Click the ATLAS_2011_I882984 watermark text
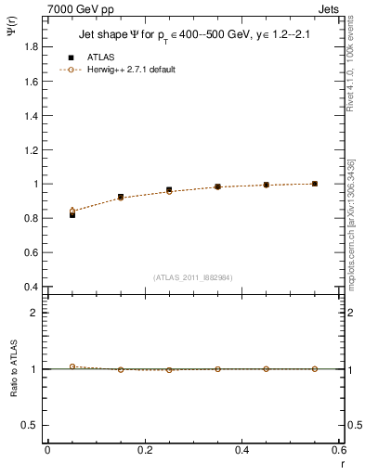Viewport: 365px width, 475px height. point(193,276)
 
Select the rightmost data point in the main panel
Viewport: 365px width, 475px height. point(315,184)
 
